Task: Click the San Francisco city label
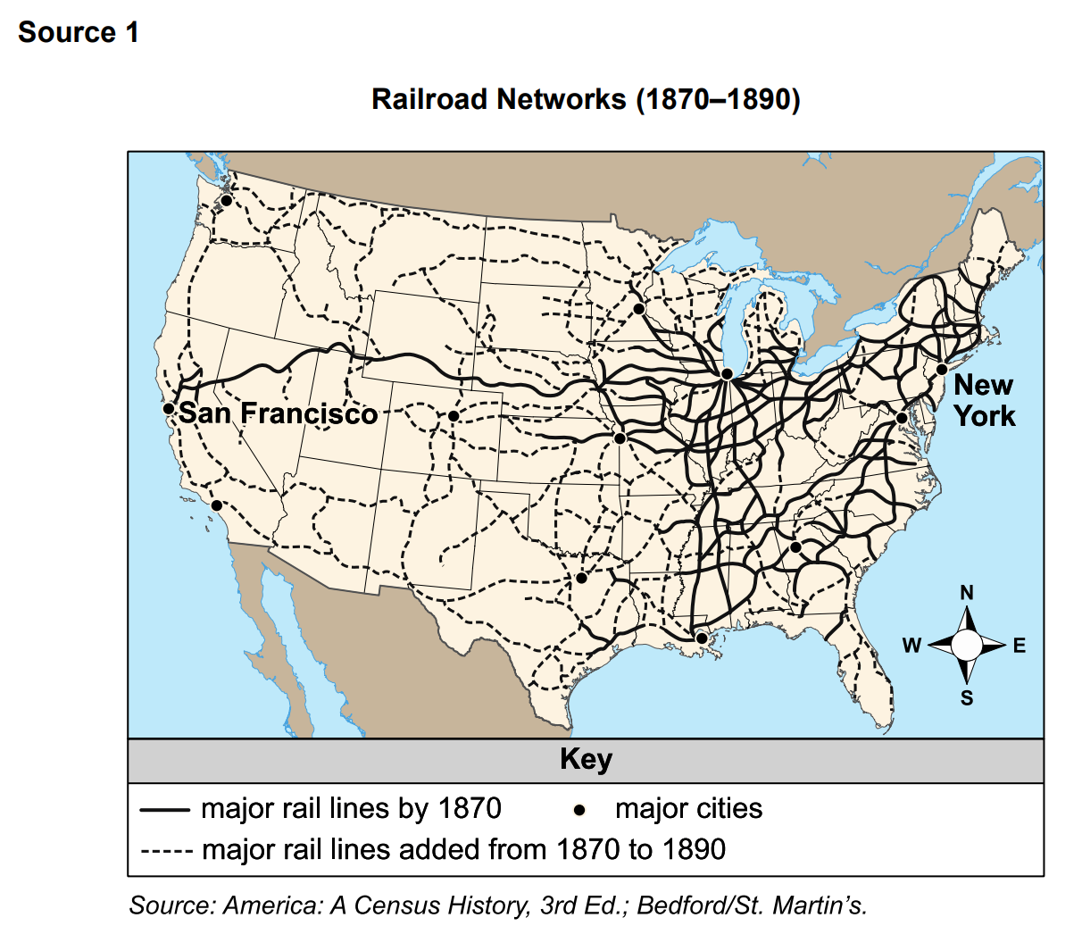(x=278, y=413)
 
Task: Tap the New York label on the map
(x=984, y=400)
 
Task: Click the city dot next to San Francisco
(x=169, y=408)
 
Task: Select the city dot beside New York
(x=941, y=369)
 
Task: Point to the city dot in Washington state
(x=227, y=200)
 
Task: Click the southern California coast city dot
(x=216, y=505)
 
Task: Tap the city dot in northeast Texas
(x=581, y=578)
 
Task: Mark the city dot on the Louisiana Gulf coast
(x=702, y=638)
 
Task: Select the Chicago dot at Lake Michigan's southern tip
(x=727, y=374)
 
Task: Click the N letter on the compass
(x=967, y=593)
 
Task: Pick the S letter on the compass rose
(x=967, y=698)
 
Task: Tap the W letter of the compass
(x=911, y=646)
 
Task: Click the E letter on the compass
(x=1020, y=646)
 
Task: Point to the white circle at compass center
(x=966, y=645)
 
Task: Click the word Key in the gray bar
(x=586, y=760)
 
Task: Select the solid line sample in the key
(x=165, y=810)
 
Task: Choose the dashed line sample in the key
(x=166, y=850)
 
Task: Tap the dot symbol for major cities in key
(x=579, y=810)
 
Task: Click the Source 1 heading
(x=79, y=32)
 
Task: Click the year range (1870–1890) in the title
(x=718, y=99)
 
